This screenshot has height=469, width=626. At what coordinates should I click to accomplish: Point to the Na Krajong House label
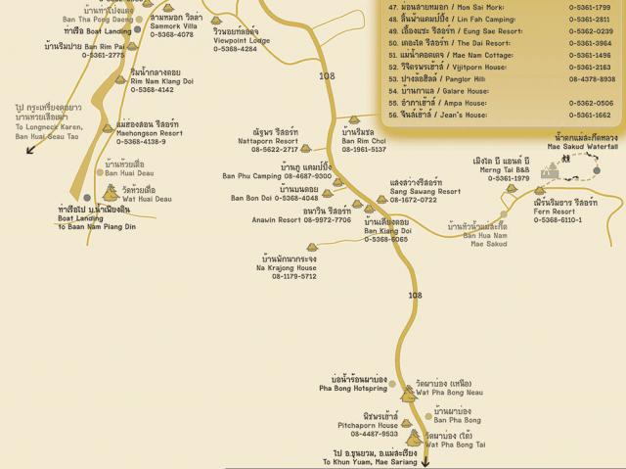[287, 267]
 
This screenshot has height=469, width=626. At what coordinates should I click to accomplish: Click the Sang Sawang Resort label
[425, 191]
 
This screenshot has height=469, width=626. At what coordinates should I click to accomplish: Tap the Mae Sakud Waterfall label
[582, 146]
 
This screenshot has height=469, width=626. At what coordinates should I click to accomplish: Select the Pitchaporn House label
[367, 425]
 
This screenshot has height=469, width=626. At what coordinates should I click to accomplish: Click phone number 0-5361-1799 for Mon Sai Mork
[589, 7]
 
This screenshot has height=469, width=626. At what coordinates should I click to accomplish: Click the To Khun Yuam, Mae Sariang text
[370, 461]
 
